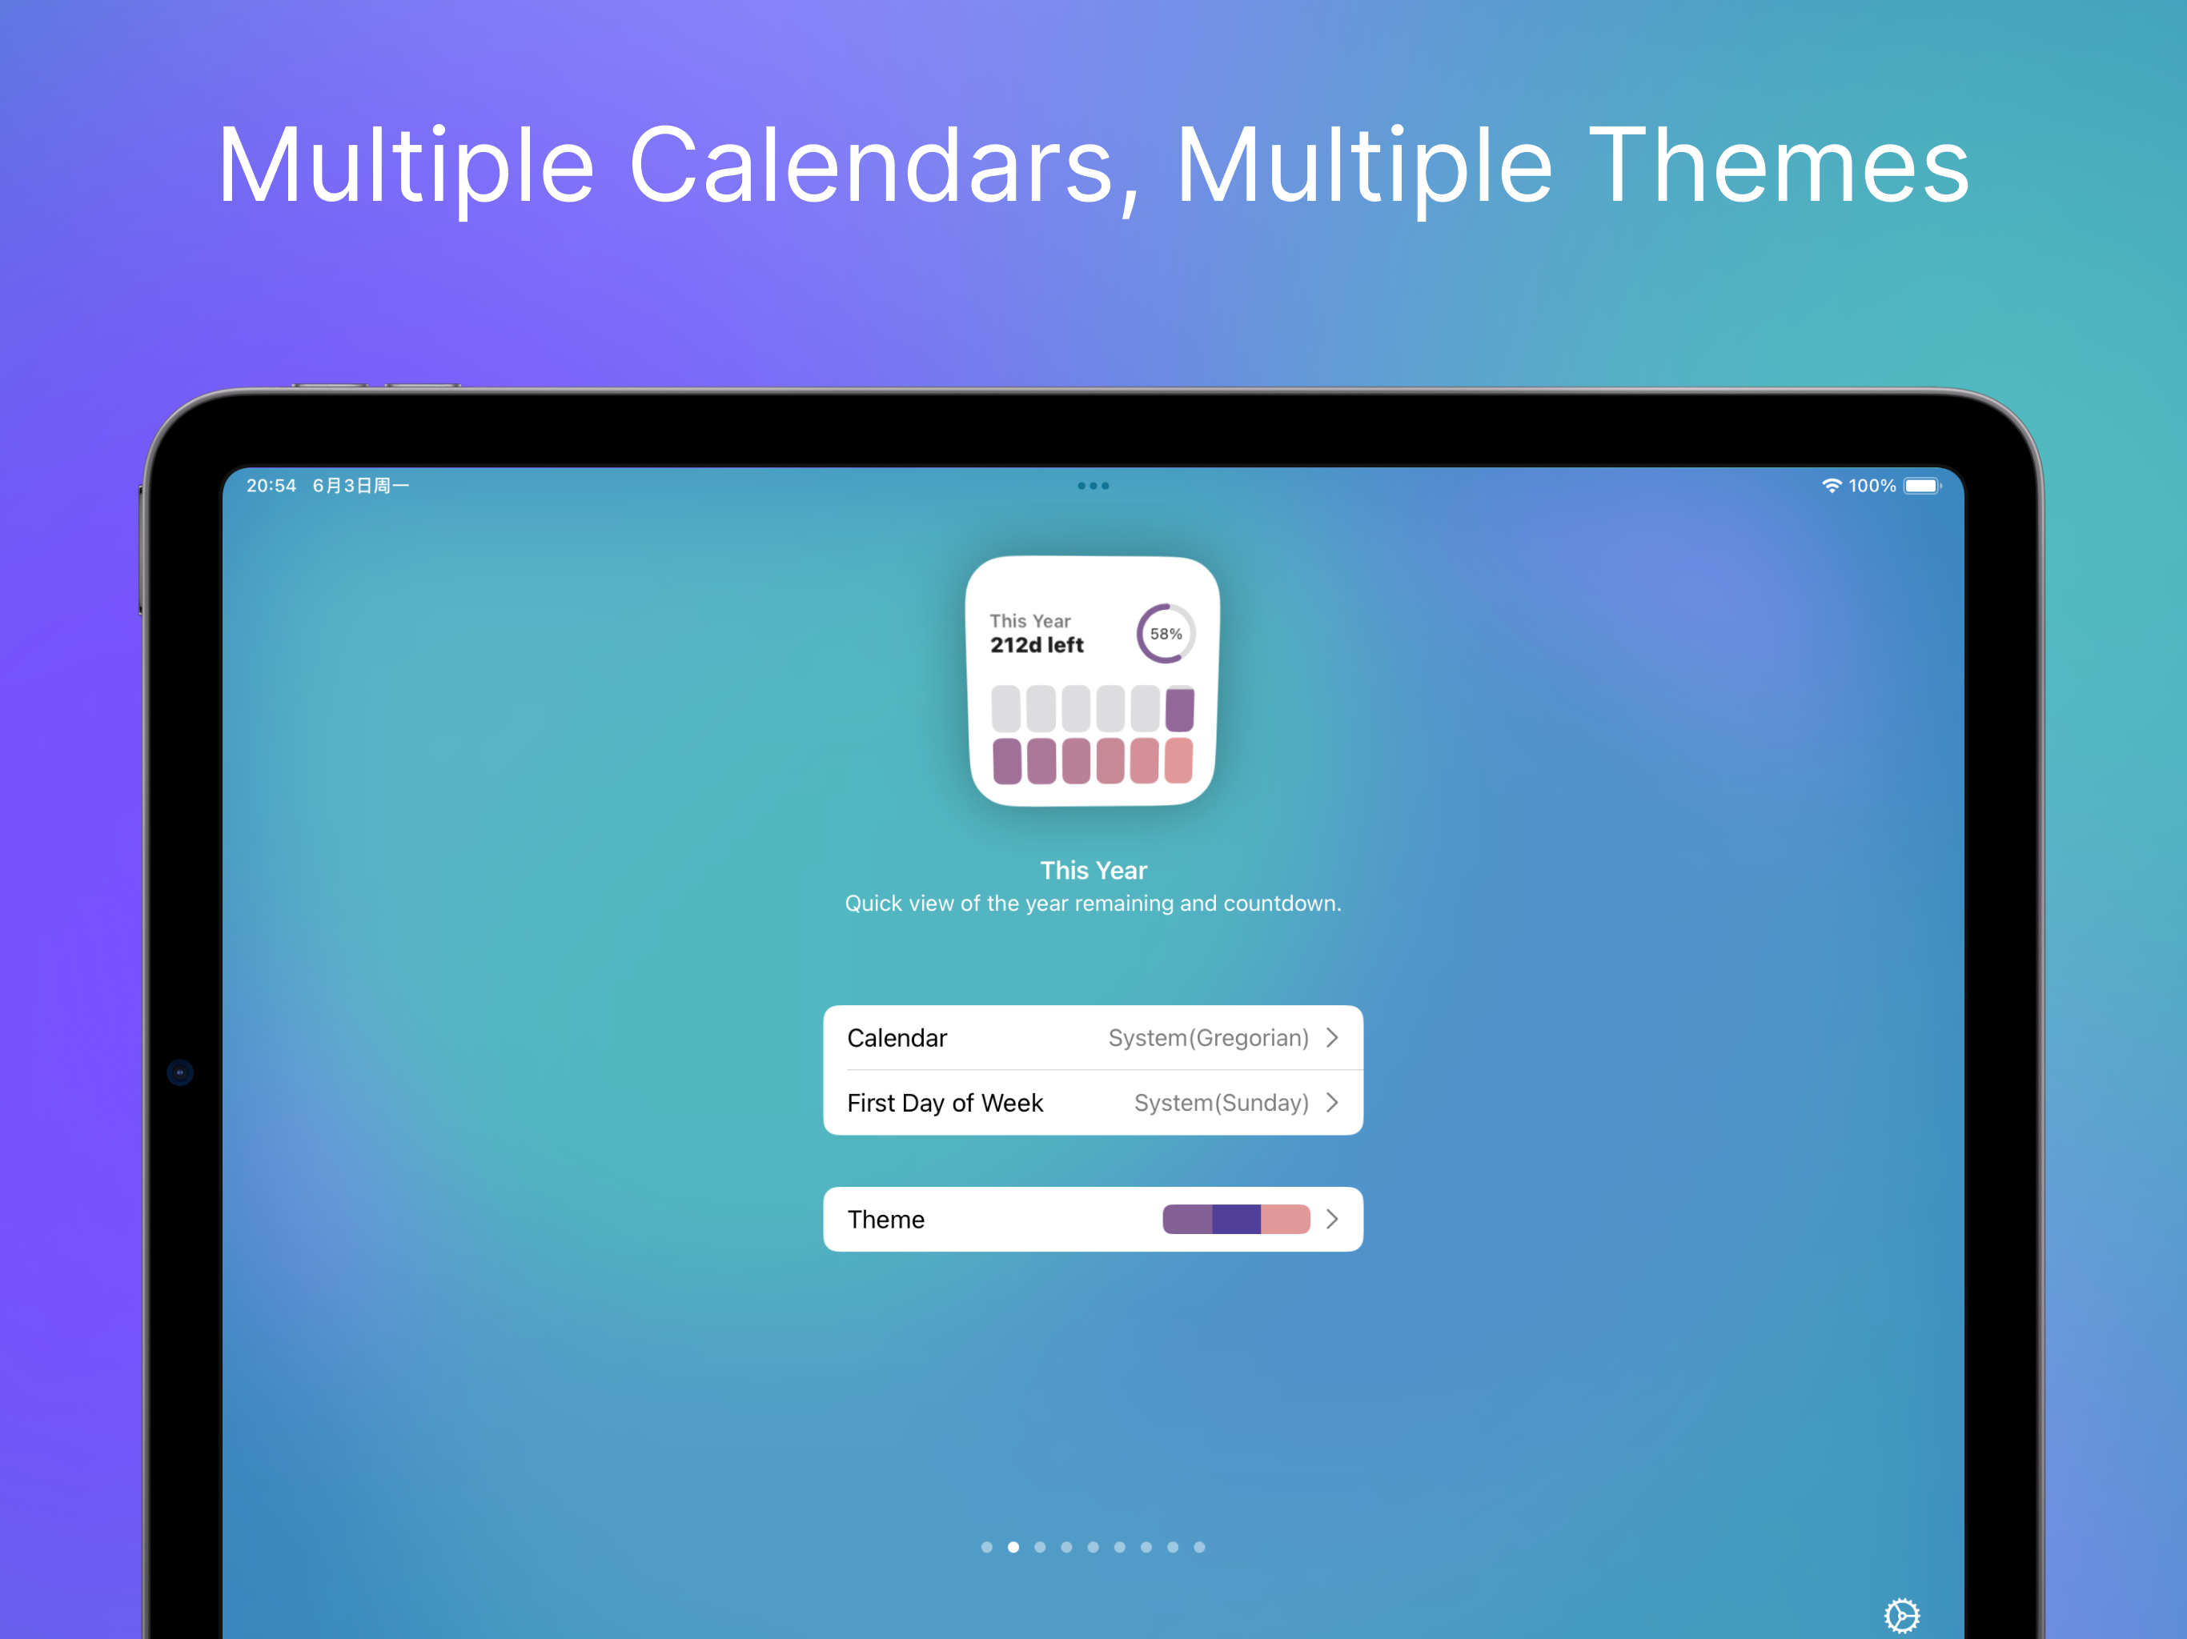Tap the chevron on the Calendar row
(1332, 1037)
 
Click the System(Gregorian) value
(1208, 1037)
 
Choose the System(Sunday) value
(1221, 1102)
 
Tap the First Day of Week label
(945, 1102)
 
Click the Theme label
(886, 1219)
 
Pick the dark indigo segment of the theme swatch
(1236, 1219)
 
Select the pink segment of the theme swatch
(1286, 1219)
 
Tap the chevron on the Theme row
(1332, 1219)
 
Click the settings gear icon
(1901, 1615)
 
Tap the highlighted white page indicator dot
(1013, 1547)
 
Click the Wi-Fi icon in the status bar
(1831, 485)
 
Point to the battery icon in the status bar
(1923, 485)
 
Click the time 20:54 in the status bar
(271, 485)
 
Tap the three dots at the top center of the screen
(1093, 485)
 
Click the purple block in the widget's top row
(1179, 709)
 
